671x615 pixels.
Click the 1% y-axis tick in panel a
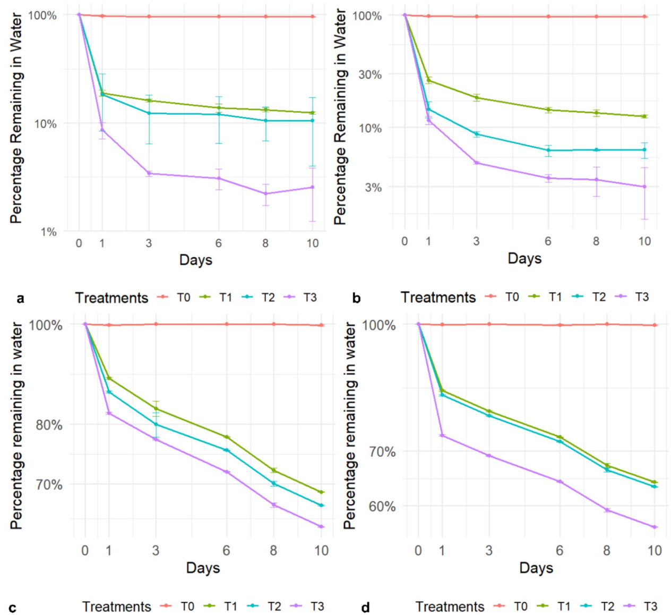(49, 232)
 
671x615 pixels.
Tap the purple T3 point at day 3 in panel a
(149, 173)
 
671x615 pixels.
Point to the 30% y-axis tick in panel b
(369, 74)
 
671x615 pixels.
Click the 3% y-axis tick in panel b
(373, 187)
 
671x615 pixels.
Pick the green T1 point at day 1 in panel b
(429, 80)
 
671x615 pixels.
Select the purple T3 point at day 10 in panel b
(644, 187)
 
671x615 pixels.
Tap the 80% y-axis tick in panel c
(49, 425)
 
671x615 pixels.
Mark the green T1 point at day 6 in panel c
(227, 437)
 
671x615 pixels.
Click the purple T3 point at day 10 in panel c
(321, 526)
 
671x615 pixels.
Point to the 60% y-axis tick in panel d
(382, 506)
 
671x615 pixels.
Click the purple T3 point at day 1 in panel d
(442, 435)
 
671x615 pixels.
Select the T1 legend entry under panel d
(555, 606)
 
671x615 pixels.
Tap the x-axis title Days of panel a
(195, 260)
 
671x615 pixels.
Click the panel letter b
(356, 298)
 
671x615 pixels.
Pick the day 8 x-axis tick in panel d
(607, 550)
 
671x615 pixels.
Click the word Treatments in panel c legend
(116, 606)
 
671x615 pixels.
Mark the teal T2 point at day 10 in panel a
(313, 121)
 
